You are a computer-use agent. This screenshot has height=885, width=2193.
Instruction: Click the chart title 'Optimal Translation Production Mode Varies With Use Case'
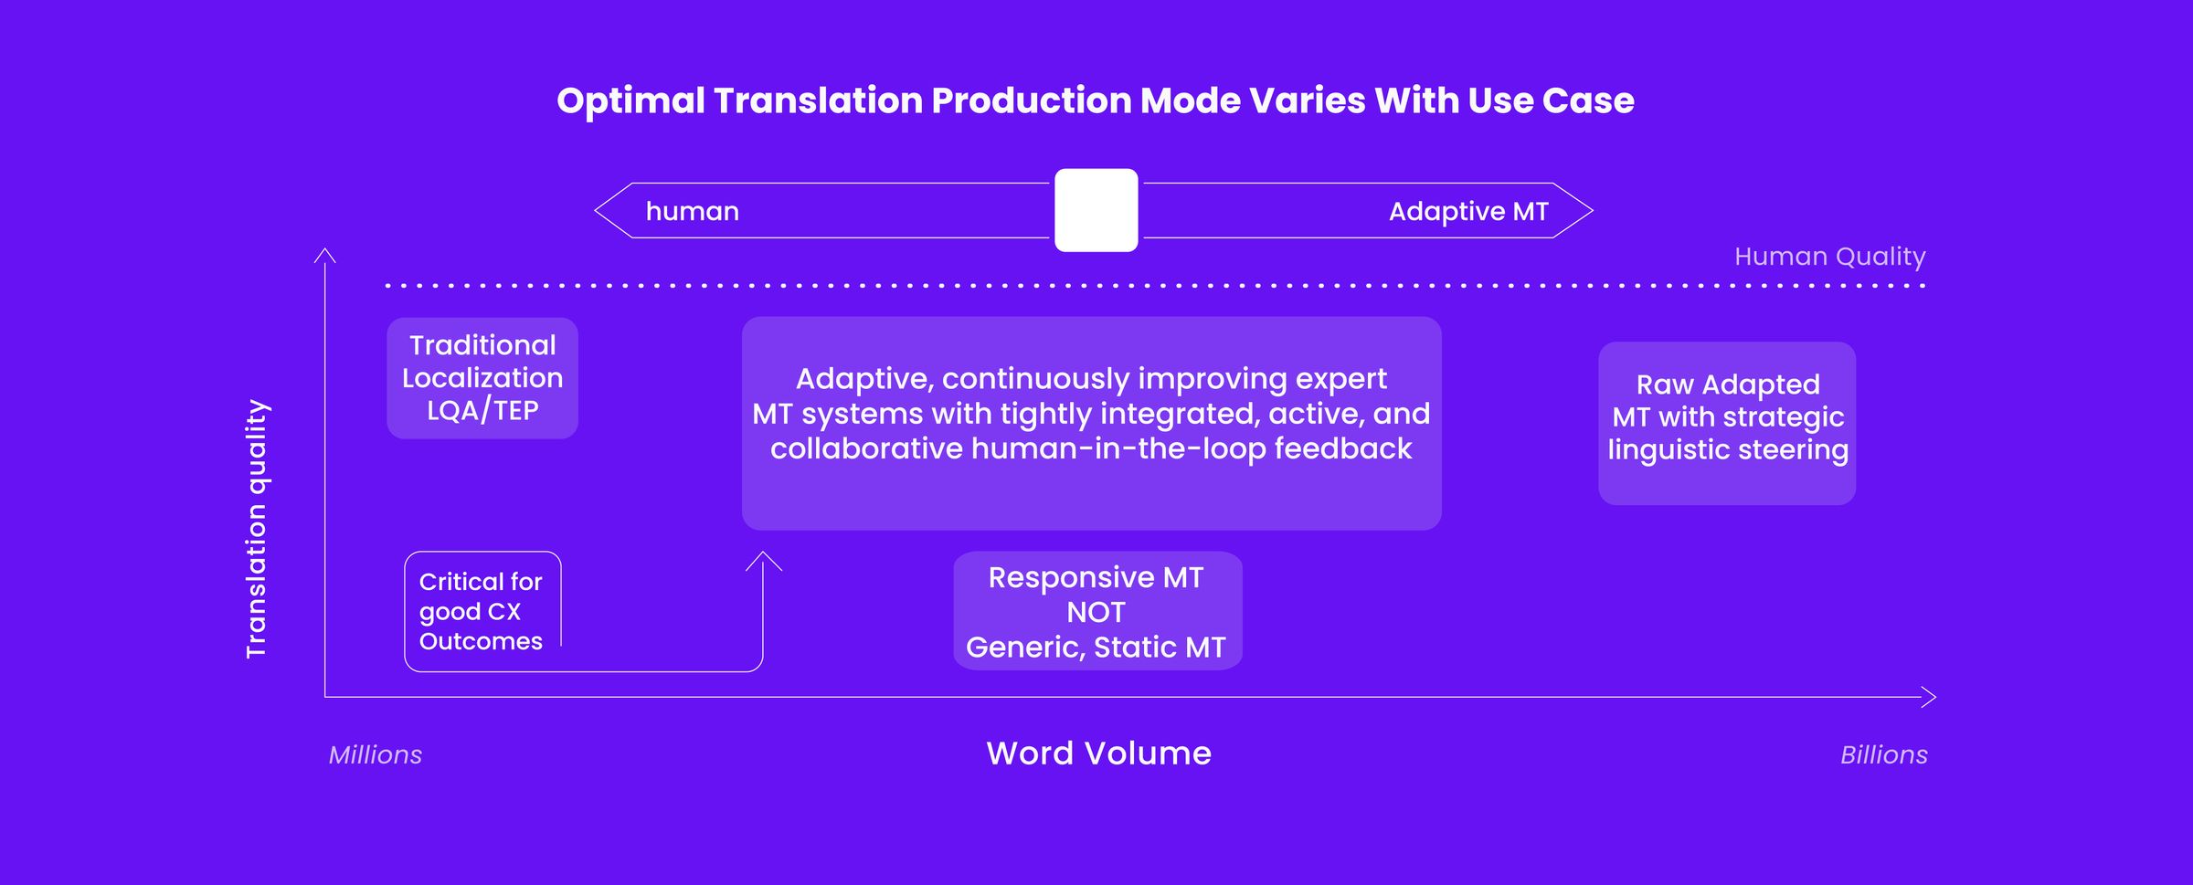tap(1096, 100)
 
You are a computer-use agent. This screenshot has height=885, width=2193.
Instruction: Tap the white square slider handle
tap(1096, 210)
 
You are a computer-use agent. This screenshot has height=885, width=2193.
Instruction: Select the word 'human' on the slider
tap(692, 212)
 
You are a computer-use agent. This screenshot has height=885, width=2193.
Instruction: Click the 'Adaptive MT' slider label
tap(1467, 212)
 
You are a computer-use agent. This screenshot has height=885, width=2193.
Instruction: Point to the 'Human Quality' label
tap(1829, 257)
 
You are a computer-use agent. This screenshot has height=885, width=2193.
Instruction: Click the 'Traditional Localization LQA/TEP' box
tap(482, 377)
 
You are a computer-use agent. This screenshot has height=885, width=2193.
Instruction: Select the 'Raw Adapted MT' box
tap(1727, 422)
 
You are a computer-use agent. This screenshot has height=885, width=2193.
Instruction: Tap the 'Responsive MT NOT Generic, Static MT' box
tap(1096, 611)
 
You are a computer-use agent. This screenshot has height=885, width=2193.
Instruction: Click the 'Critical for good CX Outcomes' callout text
tap(481, 611)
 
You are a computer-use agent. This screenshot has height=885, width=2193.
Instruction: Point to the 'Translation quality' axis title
tap(257, 528)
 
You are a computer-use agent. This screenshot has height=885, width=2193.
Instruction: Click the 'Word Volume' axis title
tap(1098, 753)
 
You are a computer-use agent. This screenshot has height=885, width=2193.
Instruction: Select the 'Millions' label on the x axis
tap(376, 755)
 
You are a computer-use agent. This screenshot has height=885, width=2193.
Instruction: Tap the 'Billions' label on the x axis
tap(1883, 755)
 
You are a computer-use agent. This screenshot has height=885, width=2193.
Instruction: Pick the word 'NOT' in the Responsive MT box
tap(1096, 612)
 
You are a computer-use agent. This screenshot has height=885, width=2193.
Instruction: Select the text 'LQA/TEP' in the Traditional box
tap(482, 410)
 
